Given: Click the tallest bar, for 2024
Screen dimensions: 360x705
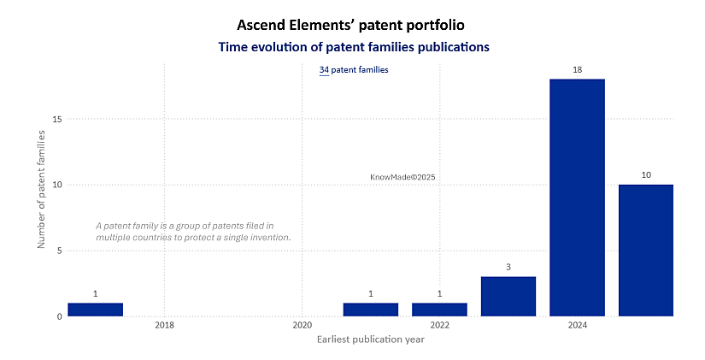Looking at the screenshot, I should pos(577,198).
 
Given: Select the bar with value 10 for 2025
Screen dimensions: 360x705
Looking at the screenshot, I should pos(646,250).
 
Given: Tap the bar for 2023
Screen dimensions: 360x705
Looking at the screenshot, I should pos(508,296).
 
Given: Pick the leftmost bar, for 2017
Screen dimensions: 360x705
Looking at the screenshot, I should pos(95,310).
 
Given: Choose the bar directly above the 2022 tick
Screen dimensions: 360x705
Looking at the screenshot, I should pos(439,310).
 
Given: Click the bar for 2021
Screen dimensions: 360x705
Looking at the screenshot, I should pos(371,310).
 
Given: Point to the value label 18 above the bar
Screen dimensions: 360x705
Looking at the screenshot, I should pos(577,69).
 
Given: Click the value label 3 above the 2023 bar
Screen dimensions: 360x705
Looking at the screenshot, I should pos(508,267).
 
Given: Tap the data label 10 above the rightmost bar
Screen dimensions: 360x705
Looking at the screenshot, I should pos(646,174).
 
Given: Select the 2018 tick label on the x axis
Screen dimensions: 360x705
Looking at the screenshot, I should pos(164,326).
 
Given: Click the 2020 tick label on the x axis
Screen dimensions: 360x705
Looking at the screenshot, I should pos(302,326).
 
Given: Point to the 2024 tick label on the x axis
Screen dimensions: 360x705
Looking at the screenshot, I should pos(577,326).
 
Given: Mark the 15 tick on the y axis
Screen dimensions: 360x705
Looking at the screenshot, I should pos(57,119).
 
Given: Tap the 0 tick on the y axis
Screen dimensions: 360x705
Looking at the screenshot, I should pos(60,316).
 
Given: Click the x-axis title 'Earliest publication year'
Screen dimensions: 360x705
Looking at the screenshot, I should pos(370,339).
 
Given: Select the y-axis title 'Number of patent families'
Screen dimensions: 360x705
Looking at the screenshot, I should pos(41,185).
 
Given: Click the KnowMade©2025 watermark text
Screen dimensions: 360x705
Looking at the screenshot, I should pos(402,177).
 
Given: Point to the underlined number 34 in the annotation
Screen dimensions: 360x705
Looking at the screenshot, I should pos(324,69).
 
